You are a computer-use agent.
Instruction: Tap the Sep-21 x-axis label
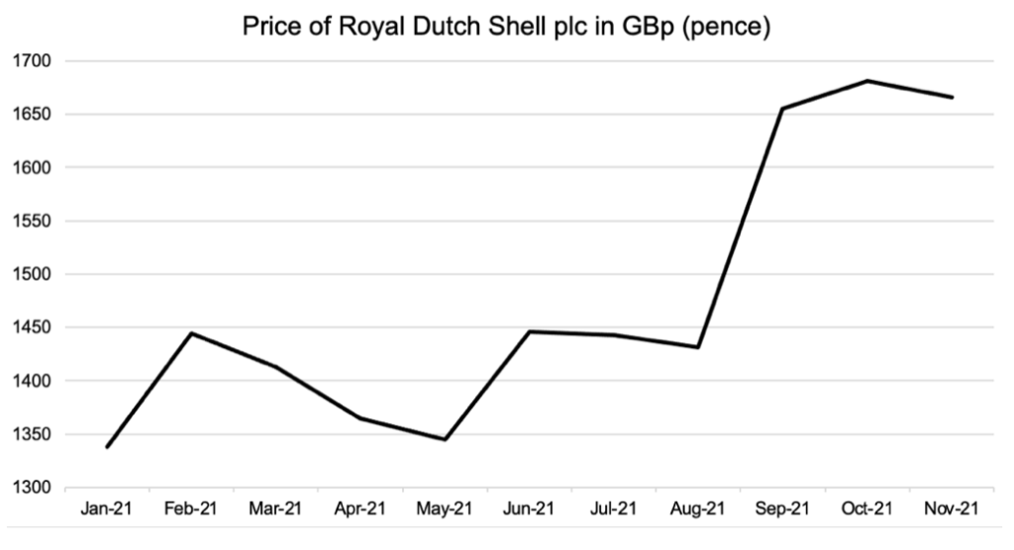point(782,509)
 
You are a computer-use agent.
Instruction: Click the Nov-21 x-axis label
point(952,509)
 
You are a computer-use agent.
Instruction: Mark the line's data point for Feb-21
point(191,333)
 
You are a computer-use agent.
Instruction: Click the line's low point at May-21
point(445,439)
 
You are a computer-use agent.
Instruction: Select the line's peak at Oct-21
point(867,81)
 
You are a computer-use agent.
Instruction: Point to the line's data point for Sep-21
point(782,109)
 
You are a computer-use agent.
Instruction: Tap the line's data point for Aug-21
point(698,347)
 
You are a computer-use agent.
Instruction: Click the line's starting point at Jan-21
point(107,447)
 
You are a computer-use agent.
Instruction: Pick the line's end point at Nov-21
point(952,97)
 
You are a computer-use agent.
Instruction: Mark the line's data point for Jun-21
point(529,331)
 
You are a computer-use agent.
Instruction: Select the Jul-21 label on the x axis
point(614,509)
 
